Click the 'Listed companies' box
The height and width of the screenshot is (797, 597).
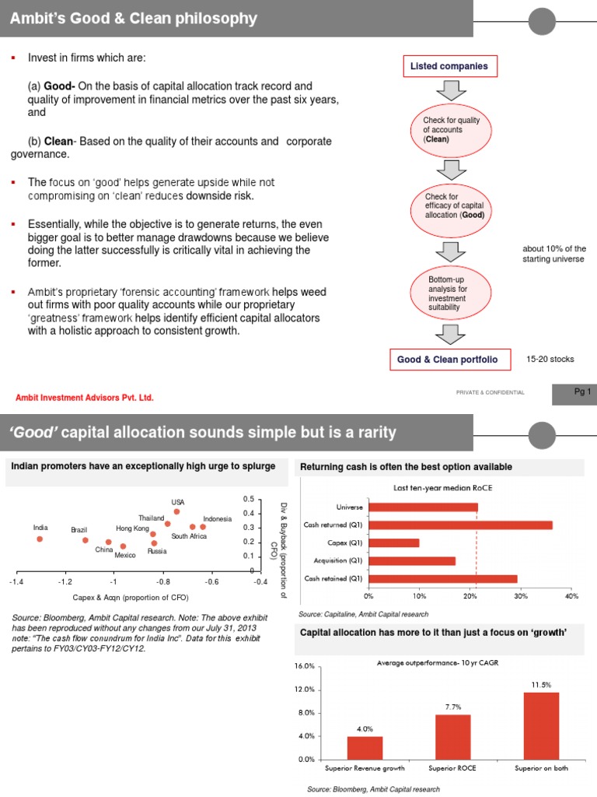point(450,66)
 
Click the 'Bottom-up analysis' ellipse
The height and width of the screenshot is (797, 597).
point(452,293)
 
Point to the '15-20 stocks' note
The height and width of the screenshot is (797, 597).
point(550,360)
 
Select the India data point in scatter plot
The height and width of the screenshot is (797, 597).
point(40,539)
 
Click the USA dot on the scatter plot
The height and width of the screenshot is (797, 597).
point(177,511)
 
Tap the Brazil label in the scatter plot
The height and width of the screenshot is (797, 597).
point(79,529)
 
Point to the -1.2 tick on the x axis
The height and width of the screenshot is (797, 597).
point(65,581)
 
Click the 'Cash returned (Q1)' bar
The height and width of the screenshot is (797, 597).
point(460,525)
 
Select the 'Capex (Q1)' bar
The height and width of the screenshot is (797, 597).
point(393,542)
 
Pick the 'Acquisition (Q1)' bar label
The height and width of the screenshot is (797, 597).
point(334,560)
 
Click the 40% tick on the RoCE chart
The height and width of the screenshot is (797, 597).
point(572,595)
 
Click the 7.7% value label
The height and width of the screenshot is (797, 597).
point(453,707)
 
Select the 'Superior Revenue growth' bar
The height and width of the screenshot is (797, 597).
point(365,747)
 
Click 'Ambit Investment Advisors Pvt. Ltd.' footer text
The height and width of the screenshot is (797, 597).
point(85,398)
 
